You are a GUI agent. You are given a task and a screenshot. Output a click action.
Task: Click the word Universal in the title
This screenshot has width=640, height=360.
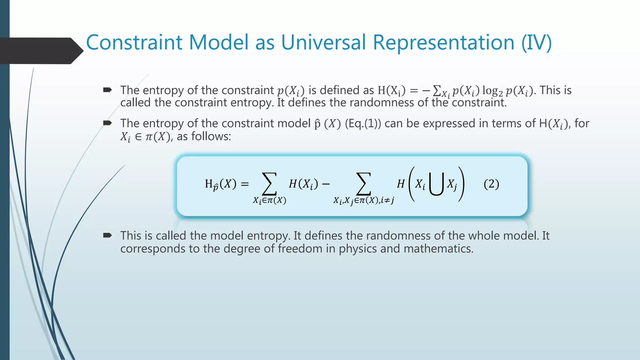click(324, 42)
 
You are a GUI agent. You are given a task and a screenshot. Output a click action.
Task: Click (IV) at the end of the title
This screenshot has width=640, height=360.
click(536, 42)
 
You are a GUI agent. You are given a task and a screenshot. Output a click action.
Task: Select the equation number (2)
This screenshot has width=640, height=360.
click(491, 184)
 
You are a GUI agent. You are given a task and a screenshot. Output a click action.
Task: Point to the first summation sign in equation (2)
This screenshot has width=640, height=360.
click(269, 184)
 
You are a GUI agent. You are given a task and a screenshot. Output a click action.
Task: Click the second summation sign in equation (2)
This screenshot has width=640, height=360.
click(363, 184)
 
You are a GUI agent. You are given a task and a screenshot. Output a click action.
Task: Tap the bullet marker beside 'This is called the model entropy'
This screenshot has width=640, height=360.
click(107, 235)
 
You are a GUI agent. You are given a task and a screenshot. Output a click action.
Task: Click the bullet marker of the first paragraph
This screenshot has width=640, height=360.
click(107, 90)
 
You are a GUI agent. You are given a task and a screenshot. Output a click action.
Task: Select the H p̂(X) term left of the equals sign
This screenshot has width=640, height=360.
click(220, 184)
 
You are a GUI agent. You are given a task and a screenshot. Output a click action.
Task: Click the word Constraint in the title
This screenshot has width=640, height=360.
click(134, 42)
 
